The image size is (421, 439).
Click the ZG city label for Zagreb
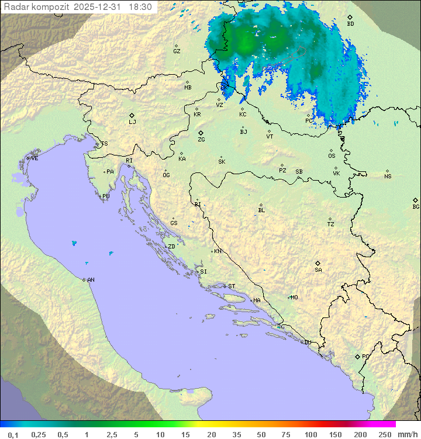click(201, 140)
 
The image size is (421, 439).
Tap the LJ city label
click(132, 122)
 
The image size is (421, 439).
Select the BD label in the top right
click(350, 24)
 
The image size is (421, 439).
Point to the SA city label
click(318, 270)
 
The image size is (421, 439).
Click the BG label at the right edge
click(416, 206)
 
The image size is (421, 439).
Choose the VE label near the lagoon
click(34, 158)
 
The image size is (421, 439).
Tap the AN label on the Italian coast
click(91, 280)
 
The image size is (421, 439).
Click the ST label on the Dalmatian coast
click(232, 286)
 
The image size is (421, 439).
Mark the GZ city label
click(177, 51)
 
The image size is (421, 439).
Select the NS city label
click(388, 177)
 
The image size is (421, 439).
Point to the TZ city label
click(331, 224)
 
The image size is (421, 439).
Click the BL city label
click(261, 210)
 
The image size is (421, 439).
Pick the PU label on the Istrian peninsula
click(106, 196)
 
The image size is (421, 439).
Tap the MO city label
click(294, 298)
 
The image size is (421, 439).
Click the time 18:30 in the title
click(140, 7)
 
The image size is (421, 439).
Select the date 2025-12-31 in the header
click(99, 7)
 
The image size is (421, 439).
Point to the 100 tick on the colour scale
click(310, 434)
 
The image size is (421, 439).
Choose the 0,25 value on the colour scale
click(39, 434)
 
